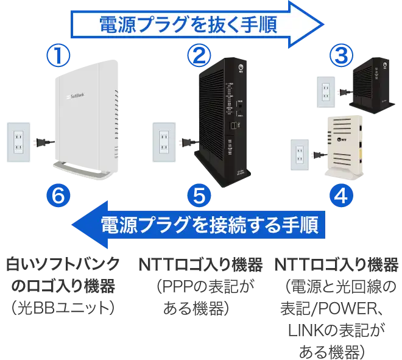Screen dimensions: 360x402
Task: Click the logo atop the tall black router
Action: (243, 68)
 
